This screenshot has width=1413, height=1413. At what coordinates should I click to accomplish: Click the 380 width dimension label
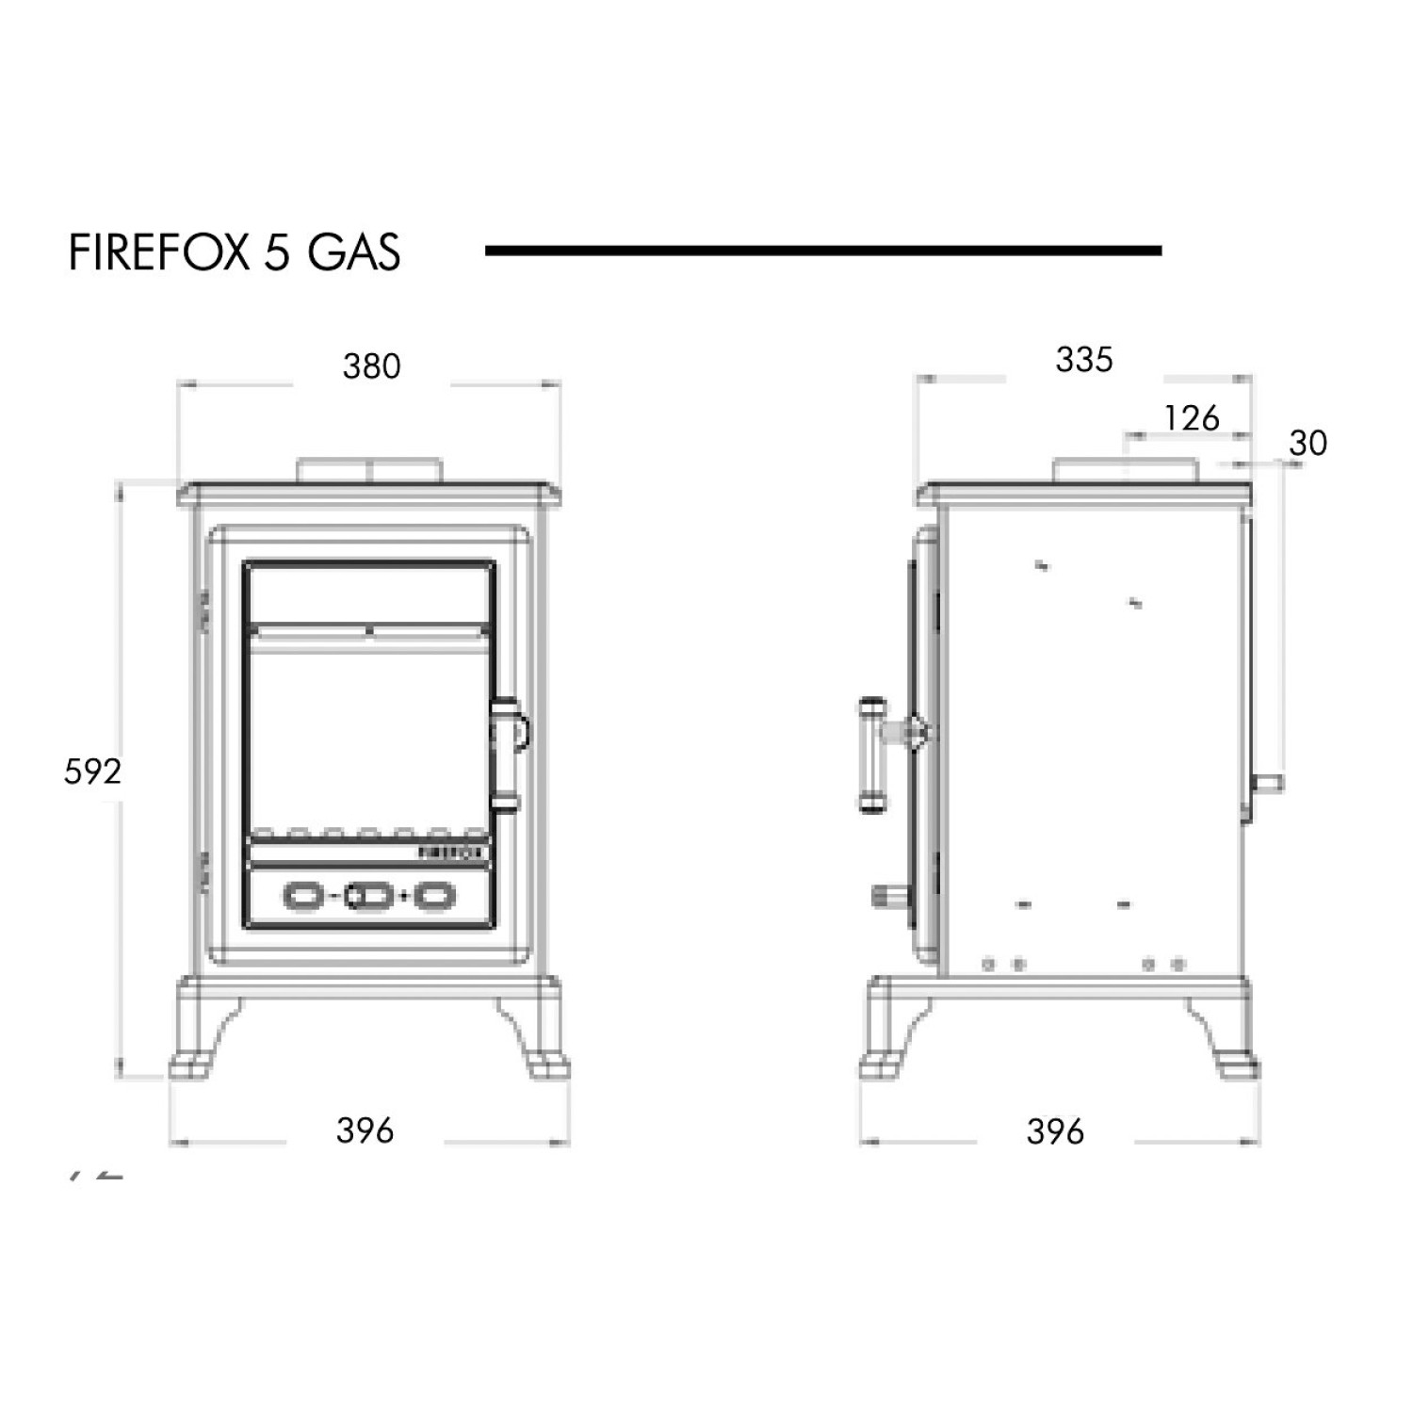point(371,366)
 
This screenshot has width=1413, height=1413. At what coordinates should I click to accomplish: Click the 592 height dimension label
point(92,772)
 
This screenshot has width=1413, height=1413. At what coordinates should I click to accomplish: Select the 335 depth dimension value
point(1083,360)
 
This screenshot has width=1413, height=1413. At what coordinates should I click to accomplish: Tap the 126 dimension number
point(1191,418)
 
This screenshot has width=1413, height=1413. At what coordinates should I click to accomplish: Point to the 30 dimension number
point(1307,443)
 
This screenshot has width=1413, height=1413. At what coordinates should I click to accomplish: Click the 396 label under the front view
point(365,1130)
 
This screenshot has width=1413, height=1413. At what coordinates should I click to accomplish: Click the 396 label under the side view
point(1055,1131)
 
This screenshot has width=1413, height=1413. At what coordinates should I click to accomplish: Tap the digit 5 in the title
point(276,252)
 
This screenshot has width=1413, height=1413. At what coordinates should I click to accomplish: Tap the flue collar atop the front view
point(368,470)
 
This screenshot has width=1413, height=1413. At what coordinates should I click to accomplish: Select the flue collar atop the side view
point(1125,470)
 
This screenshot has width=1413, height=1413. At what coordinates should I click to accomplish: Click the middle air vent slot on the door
point(368,896)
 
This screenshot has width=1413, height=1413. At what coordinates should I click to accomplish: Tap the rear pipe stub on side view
point(1267,783)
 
